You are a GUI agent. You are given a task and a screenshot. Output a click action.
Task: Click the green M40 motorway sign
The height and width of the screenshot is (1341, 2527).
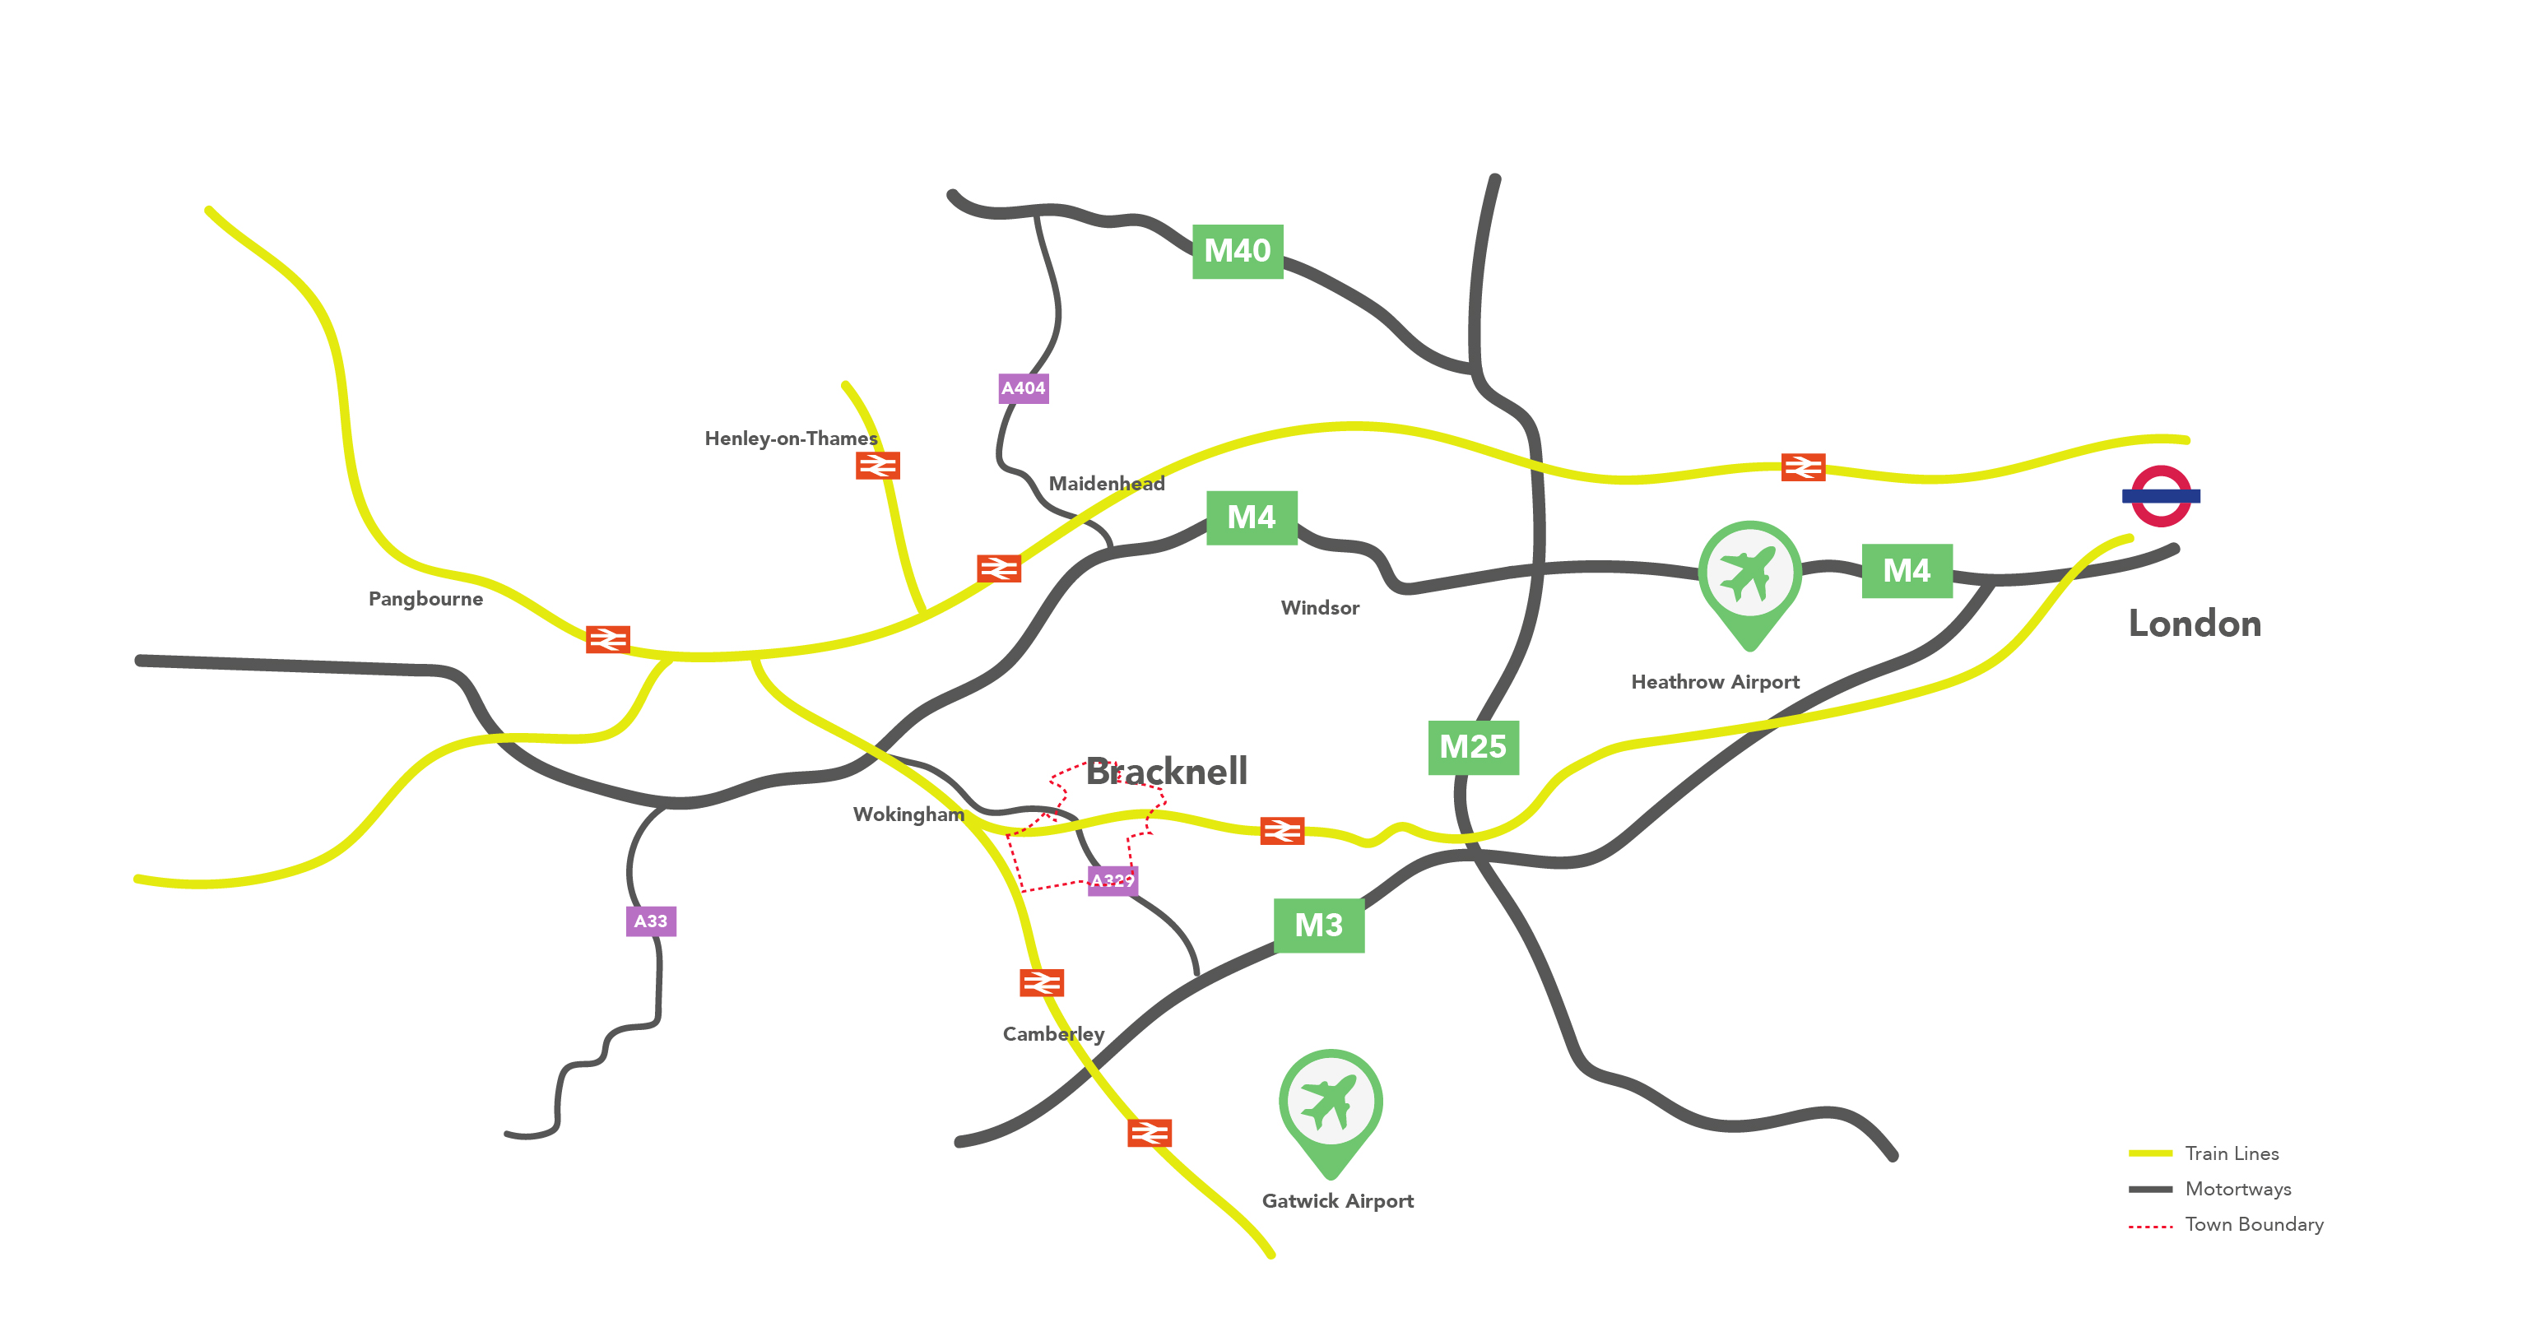1237,251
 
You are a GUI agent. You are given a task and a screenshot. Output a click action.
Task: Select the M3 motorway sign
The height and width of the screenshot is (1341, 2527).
1318,925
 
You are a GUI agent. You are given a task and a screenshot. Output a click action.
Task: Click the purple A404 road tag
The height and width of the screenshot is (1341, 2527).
1023,388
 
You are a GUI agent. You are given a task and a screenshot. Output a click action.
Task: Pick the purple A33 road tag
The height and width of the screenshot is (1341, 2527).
650,921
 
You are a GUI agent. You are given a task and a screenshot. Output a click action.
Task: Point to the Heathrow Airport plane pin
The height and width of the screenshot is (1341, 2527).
1749,579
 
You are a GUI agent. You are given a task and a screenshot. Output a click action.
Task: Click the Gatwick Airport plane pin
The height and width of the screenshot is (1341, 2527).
1331,1107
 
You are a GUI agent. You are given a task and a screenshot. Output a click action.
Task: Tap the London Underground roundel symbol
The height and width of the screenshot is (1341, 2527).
2160,496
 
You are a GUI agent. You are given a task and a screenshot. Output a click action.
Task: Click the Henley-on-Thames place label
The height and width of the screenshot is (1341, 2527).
791,438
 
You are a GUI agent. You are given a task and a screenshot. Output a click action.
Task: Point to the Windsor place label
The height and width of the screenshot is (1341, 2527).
1319,608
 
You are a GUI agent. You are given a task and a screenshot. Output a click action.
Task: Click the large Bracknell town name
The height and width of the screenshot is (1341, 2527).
1166,771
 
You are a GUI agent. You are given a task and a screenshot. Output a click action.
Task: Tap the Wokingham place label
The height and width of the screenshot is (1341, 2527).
908,814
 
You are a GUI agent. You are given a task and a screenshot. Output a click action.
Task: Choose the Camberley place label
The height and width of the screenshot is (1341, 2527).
1052,1034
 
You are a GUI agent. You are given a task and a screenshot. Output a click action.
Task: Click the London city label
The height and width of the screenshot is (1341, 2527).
2195,624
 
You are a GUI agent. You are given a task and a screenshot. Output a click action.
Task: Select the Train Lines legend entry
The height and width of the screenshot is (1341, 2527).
2232,1153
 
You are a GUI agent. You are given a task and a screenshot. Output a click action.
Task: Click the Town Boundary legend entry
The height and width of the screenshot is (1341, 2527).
2253,1224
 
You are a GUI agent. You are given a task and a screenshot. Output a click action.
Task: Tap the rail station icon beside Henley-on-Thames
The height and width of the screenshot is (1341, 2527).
877,465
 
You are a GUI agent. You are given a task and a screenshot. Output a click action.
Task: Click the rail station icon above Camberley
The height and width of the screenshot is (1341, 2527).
1041,982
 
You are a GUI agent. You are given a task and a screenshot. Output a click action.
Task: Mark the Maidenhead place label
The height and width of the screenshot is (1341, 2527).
1107,484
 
